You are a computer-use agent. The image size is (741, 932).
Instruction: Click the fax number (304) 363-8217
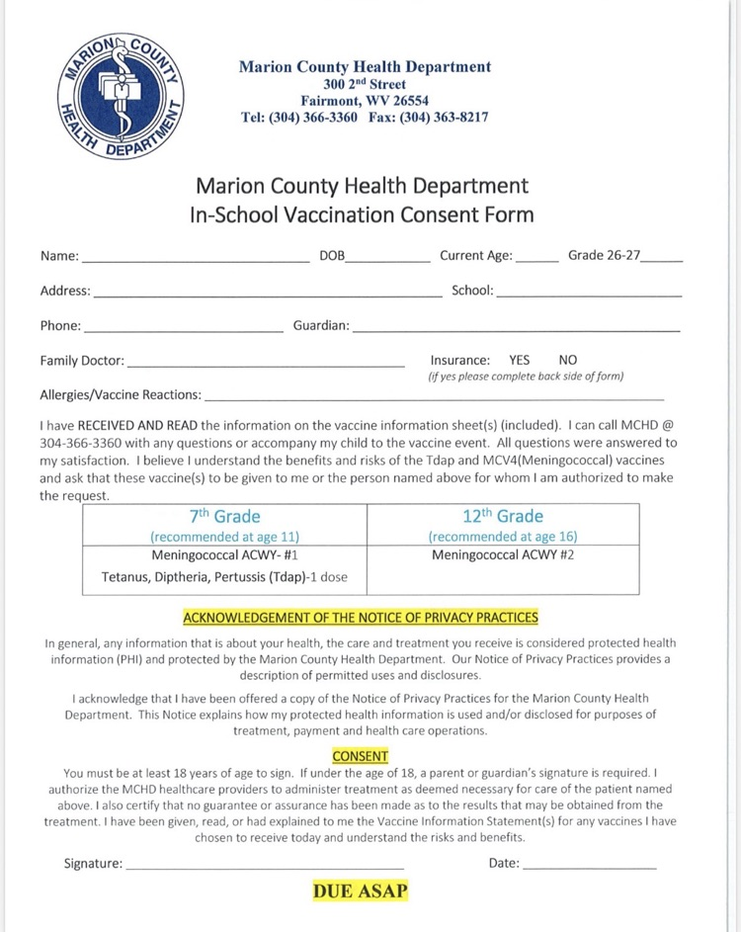447,117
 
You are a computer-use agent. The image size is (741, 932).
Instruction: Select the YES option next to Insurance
520,361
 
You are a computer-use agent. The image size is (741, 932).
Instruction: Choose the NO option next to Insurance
568,361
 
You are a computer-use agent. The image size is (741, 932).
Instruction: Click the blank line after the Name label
196,259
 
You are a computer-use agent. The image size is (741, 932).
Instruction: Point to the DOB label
332,256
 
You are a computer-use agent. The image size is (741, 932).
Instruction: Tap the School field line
589,295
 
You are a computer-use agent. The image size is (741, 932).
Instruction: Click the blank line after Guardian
516,329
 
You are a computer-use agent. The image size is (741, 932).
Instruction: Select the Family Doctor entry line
266,364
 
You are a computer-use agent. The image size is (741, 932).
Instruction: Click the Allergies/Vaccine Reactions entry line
433,398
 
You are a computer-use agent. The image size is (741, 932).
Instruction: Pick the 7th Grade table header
224,516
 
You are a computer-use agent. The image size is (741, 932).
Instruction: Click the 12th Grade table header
502,516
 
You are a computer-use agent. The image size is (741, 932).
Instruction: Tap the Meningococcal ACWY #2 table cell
502,555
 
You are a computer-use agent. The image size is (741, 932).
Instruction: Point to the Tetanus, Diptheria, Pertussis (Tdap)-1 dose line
224,577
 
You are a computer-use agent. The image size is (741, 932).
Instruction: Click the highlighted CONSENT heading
361,757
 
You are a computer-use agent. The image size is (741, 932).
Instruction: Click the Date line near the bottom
589,867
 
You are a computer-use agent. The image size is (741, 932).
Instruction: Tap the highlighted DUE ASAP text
361,891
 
